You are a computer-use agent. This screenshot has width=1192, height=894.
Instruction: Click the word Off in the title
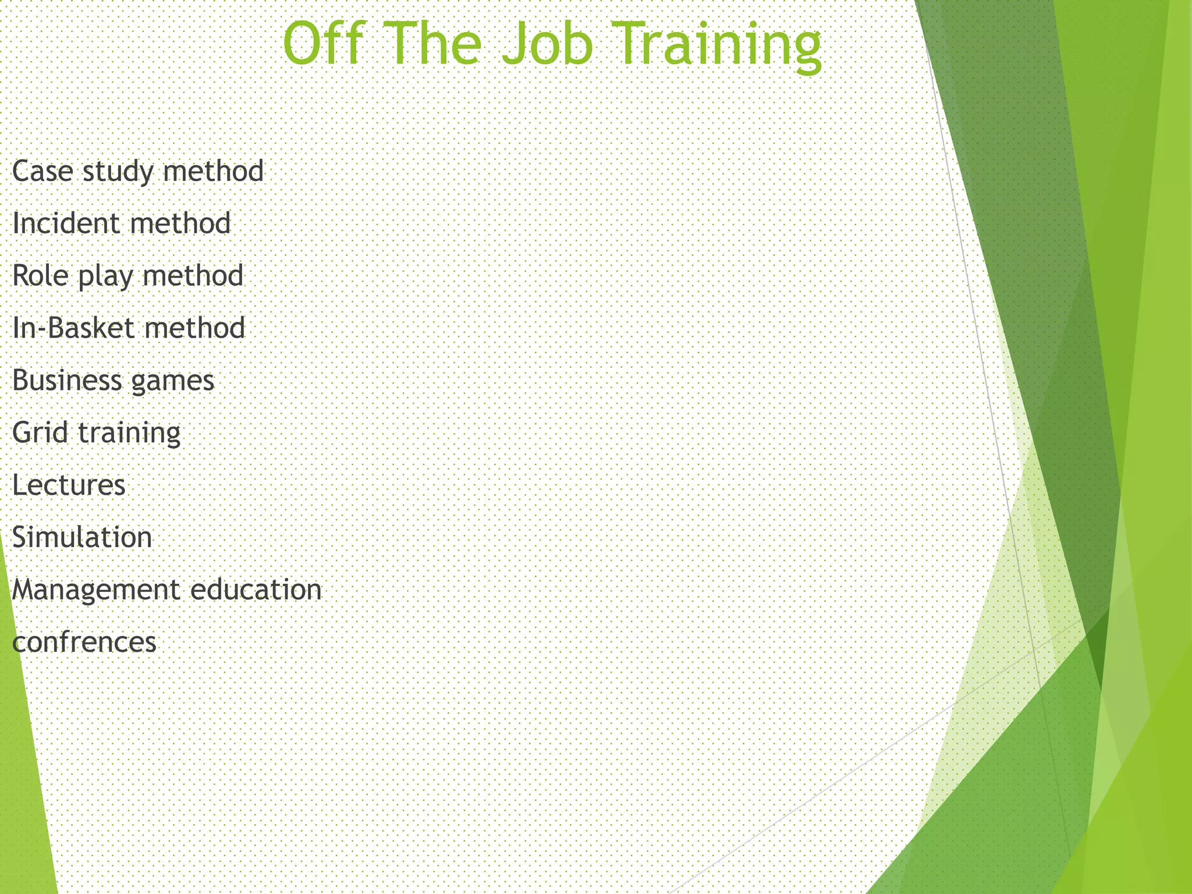point(326,45)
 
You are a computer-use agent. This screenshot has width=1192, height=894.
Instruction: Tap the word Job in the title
point(547,45)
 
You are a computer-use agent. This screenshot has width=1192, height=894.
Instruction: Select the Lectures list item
point(69,485)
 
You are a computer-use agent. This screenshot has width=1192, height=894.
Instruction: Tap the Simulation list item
point(82,537)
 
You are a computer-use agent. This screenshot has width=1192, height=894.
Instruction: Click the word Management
point(95,590)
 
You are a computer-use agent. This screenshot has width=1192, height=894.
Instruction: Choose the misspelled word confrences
point(84,643)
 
